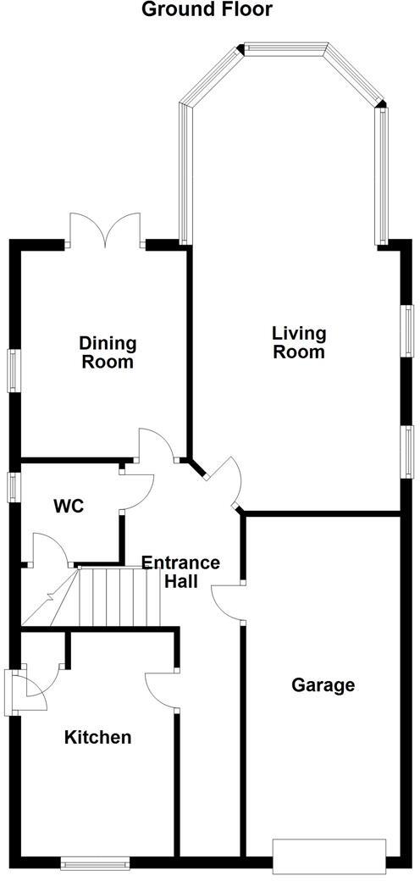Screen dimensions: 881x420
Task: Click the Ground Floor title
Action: [207, 10]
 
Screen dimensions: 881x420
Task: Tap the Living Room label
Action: [298, 342]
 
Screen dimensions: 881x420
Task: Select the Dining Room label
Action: [108, 352]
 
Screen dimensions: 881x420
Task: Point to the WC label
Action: [69, 507]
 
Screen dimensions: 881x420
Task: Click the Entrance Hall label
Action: [180, 572]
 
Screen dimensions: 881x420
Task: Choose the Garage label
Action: [323, 684]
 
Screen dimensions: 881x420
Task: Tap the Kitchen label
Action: [98, 737]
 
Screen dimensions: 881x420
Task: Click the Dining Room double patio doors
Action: [104, 230]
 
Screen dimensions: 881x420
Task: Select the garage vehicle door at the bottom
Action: [329, 856]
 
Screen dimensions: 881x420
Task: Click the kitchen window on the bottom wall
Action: [94, 863]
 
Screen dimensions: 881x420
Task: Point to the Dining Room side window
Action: [14, 370]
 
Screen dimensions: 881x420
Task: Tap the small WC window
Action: [14, 487]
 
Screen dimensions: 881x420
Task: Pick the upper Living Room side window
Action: [407, 330]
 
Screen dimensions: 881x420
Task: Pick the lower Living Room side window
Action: [407, 452]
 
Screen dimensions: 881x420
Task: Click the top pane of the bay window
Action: [285, 48]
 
